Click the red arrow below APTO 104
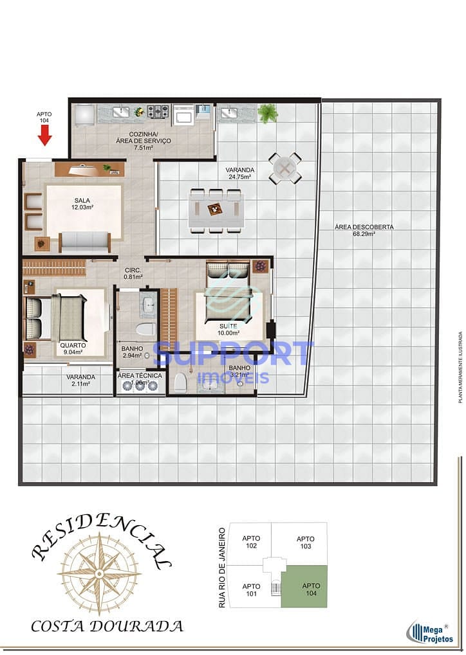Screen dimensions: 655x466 [x=44, y=134]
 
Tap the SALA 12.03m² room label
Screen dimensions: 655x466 [x=82, y=204]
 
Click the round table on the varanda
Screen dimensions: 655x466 [x=284, y=168]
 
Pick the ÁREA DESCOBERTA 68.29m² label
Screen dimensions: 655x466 [x=364, y=230]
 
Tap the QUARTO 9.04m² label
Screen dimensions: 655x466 [x=72, y=348]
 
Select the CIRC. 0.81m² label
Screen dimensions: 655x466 [x=133, y=273]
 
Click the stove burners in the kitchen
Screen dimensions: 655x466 [x=158, y=112]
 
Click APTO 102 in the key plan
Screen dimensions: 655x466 [x=251, y=542]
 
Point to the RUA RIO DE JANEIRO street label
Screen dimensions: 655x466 [x=222, y=567]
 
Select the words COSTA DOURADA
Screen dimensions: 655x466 [x=107, y=625]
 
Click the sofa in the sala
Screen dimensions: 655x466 [x=85, y=242]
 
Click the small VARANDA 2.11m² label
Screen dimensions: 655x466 [x=80, y=381]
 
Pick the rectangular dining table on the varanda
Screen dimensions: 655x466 [x=216, y=210]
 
